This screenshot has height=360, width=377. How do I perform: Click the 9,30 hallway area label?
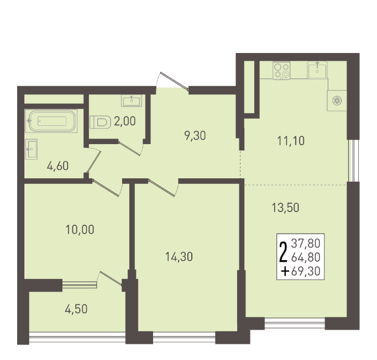coord(195,136)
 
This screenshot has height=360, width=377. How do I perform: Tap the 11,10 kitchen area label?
coord(291,141)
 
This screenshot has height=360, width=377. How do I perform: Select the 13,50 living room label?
coord(285,208)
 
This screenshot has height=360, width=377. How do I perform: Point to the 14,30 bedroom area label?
coord(179,257)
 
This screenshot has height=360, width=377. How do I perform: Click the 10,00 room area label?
coord(80,230)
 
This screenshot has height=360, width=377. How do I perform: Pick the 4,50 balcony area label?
coord(76,309)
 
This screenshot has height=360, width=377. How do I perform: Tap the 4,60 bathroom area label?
coord(57,166)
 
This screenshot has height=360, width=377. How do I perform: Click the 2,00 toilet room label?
coord(125,121)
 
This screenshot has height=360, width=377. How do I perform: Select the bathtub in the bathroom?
coord(51,121)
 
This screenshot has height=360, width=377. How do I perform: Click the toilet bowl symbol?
coord(100,122)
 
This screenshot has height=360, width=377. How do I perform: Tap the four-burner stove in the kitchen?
coord(281,70)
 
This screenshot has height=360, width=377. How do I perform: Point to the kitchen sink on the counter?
coord(317,70)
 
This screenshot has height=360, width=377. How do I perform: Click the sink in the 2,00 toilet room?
coord(132,100)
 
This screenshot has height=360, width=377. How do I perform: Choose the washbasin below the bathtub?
coord(32,149)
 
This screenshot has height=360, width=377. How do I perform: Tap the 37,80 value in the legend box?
coord(306,243)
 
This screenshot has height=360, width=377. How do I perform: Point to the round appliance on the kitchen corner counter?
coord(337,100)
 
